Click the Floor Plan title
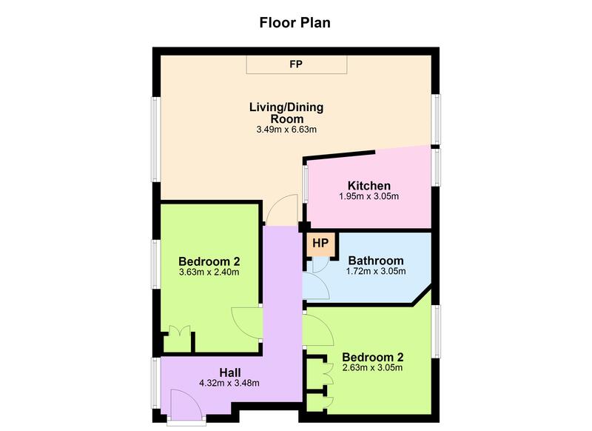295,22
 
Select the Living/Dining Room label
286,113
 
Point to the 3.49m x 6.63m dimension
286,130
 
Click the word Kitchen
369,185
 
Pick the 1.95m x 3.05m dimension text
369,196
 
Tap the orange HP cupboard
320,244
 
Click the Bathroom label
376,261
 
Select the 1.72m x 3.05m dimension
376,272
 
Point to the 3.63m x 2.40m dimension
209,272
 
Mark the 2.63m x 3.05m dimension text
372,367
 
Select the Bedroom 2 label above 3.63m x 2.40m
209,261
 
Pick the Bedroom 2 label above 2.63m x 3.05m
372,356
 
